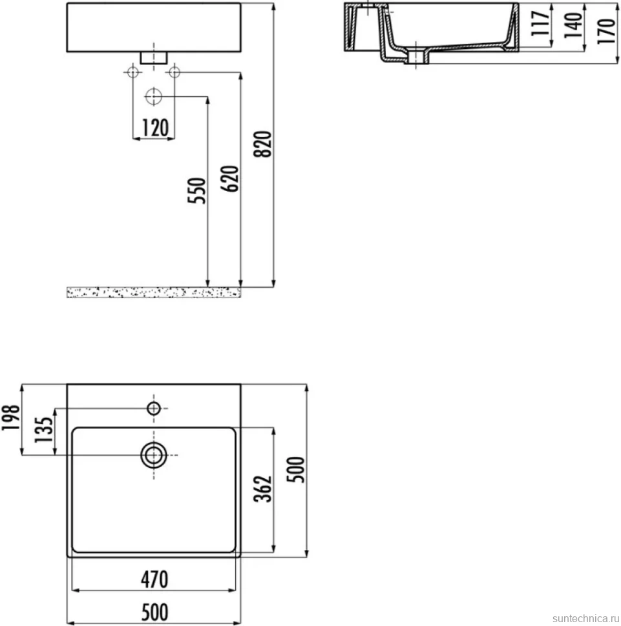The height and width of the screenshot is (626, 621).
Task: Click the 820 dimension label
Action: tap(262, 144)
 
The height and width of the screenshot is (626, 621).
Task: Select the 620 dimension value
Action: tap(229, 179)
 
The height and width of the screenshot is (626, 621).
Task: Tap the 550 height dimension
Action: tap(196, 191)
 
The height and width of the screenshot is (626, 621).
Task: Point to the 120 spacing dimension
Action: tap(155, 128)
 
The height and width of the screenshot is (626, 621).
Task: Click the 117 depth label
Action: tap(541, 23)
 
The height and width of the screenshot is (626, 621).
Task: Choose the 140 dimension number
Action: tap(573, 25)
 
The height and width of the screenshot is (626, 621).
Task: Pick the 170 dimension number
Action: tap(606, 31)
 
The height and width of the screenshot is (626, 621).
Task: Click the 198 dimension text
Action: tap(11, 418)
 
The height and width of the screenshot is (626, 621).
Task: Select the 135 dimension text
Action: tap(43, 430)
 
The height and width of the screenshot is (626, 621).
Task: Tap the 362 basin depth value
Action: tap(263, 489)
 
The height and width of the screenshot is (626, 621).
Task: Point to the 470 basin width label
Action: tap(154, 580)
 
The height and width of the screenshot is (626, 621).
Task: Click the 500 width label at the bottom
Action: tap(154, 612)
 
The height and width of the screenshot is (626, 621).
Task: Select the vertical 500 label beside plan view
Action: tap(296, 470)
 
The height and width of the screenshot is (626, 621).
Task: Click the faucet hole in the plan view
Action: tap(154, 409)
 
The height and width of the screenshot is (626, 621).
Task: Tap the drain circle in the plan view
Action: tap(154, 455)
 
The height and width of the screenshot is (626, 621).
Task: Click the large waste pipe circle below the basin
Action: tap(154, 96)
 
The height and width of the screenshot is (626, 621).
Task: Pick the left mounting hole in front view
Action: tap(132, 72)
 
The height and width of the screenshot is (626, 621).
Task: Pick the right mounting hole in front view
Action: tap(174, 72)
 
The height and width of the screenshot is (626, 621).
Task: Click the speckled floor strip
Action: tap(154, 292)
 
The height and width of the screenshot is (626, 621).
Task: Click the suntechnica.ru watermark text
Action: tap(586, 618)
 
